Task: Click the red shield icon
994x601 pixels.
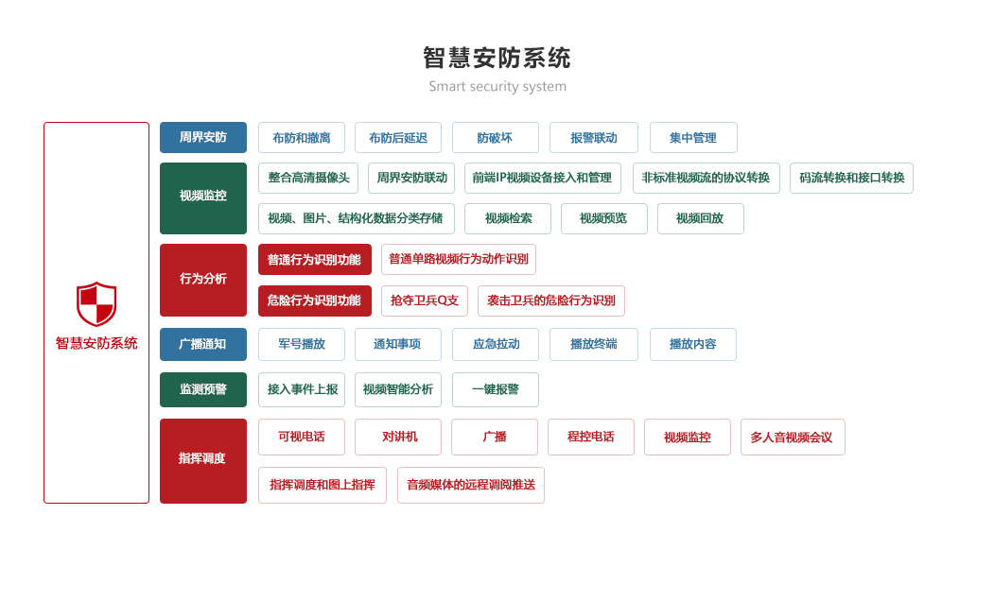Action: tap(96, 303)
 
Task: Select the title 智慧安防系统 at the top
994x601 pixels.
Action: tap(497, 59)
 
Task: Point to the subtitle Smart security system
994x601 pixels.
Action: tap(497, 87)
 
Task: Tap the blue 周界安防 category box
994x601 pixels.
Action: tap(202, 137)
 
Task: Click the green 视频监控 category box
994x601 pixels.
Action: tap(202, 197)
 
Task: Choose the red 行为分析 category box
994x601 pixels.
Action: tap(202, 280)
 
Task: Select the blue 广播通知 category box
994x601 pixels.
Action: tap(202, 344)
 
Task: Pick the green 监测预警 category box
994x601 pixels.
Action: tap(202, 389)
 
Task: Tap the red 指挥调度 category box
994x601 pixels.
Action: tap(202, 460)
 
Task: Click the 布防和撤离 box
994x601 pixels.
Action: tap(301, 137)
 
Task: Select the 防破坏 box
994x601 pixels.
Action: tap(495, 137)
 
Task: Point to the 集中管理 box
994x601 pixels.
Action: tap(692, 137)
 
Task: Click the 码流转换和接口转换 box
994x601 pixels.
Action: tap(851, 178)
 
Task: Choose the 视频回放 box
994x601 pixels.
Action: tap(700, 218)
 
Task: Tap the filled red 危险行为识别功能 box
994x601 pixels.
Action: tap(314, 300)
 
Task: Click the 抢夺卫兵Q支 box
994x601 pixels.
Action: tap(424, 300)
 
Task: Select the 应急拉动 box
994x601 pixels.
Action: tap(495, 344)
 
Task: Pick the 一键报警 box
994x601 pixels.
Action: tap(495, 389)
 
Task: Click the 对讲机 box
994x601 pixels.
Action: tap(399, 437)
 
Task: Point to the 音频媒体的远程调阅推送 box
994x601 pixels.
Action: tap(470, 485)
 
